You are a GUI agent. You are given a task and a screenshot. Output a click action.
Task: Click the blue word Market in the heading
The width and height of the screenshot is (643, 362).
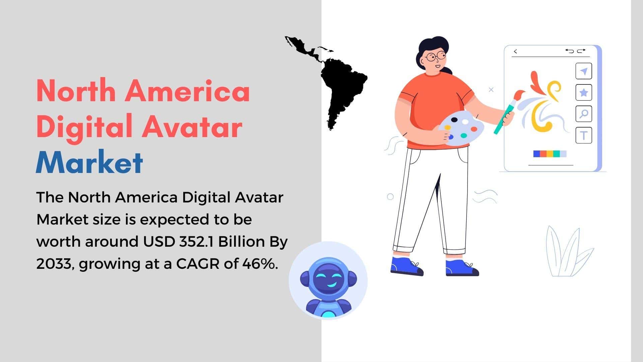[89, 162]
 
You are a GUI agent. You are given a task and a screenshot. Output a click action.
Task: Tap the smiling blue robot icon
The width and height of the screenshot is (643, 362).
[328, 281]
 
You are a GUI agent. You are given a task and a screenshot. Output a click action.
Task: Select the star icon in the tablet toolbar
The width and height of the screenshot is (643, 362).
[584, 93]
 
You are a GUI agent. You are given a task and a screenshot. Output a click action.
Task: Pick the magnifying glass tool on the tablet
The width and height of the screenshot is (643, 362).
[584, 114]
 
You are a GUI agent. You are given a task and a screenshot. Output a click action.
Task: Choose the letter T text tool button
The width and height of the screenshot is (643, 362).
[584, 135]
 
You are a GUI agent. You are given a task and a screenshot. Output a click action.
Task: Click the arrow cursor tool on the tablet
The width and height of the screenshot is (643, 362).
[584, 71]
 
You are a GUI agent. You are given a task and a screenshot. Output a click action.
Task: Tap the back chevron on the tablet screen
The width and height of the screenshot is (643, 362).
[515, 51]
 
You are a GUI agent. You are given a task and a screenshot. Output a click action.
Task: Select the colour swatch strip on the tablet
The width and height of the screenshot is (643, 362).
[550, 154]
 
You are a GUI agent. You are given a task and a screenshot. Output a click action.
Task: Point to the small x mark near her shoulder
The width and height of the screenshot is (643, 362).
[491, 90]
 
